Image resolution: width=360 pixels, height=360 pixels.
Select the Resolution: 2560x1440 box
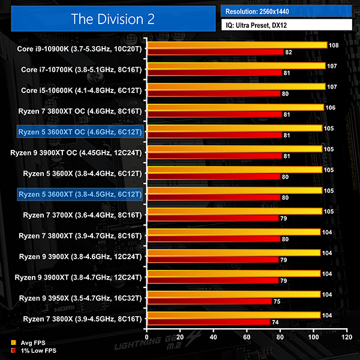click(x=286, y=11)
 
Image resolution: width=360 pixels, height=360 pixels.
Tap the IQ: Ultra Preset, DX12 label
click(x=286, y=25)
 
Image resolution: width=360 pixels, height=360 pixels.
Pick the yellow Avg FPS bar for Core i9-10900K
click(x=236, y=45)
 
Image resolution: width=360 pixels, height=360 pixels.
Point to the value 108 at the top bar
click(x=334, y=45)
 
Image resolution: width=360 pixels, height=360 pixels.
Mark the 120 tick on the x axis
click(x=344, y=337)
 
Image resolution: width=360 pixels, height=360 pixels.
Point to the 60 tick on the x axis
click(x=245, y=337)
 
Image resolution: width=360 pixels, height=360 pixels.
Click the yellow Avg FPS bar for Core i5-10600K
click(x=235, y=86)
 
